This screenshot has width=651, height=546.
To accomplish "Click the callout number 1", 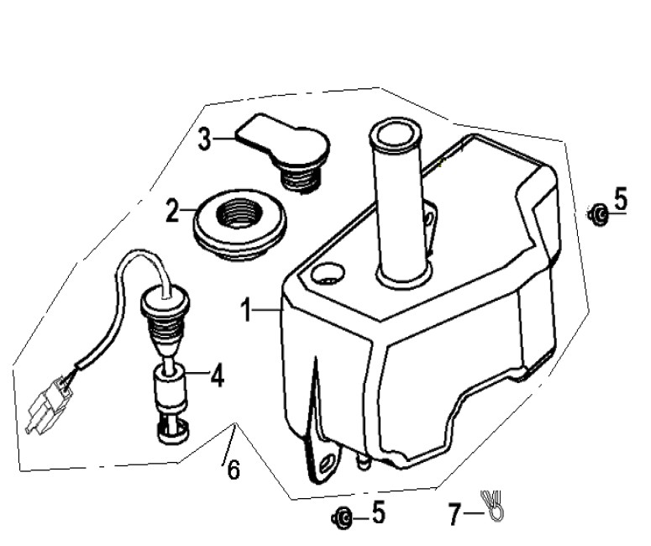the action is pos(247,310).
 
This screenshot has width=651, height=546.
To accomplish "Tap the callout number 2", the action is pos(172,211).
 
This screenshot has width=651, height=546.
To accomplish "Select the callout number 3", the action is pos(204,139).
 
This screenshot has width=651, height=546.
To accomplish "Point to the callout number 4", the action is pos(217,375).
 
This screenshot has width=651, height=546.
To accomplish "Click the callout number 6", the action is pos(234,470).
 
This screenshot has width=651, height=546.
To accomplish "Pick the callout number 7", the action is pos(454,513).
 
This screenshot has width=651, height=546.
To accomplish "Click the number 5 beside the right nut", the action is pos(620,198).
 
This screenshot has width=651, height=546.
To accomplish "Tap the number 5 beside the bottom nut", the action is pos(378,512).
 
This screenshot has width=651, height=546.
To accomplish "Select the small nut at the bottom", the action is pos(342,518).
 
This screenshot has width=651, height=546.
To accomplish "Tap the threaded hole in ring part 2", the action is pos(239,213).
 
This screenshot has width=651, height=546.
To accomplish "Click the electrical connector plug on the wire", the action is pos(49,404).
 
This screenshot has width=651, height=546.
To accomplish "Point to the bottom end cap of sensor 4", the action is pos(173,431).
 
